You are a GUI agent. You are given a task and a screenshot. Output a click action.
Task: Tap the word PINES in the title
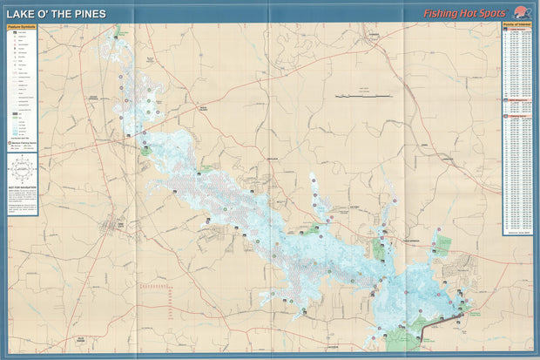[89, 14]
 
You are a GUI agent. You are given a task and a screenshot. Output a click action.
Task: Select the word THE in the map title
[61, 14]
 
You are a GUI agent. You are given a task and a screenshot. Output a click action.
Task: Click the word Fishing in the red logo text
[444, 14]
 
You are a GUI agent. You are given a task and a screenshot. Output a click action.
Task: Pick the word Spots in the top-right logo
[498, 14]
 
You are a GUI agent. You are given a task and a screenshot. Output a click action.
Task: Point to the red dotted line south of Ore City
[157, 285]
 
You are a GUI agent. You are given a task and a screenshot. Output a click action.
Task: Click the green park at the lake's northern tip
[117, 31]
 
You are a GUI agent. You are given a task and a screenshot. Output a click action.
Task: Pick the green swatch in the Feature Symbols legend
[12, 113]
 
